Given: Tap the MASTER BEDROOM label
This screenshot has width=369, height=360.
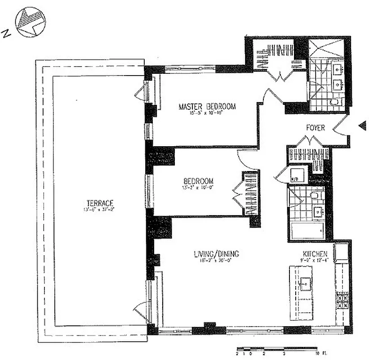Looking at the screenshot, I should [207, 107].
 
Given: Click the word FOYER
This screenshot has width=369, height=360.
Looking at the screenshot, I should [315, 128].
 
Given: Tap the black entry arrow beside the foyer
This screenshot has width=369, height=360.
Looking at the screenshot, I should [362, 126].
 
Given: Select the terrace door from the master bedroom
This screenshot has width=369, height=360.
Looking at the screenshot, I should [143, 92].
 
